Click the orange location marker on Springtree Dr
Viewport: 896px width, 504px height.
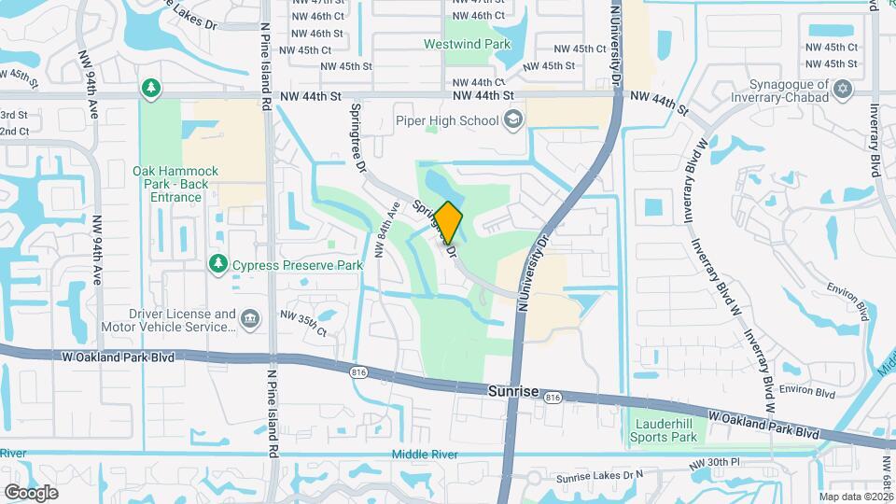(449, 222)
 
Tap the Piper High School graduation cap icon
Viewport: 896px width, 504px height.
(512, 119)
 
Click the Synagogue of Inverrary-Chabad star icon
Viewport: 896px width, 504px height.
(844, 90)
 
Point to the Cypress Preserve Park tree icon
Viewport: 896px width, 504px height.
(218, 265)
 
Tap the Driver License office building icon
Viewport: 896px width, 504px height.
(251, 320)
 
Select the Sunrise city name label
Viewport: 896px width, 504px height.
(514, 392)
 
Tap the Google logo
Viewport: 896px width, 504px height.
(31, 492)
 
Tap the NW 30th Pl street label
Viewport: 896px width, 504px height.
(715, 462)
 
